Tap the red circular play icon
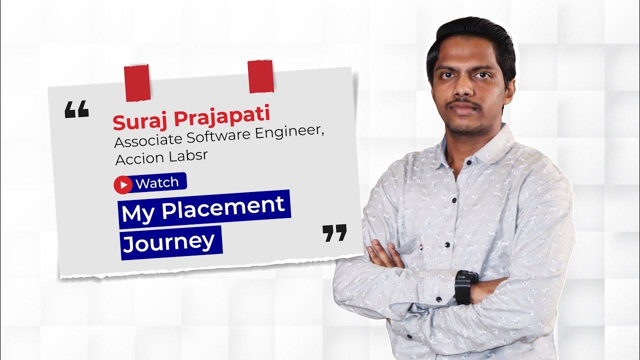pyautogui.click(x=122, y=185)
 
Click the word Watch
pyautogui.click(x=156, y=183)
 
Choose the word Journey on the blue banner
pyautogui.click(x=168, y=242)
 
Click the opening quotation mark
pyautogui.click(x=76, y=109)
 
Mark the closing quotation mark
pyautogui.click(x=334, y=233)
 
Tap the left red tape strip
pyautogui.click(x=137, y=82)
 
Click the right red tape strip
pyautogui.click(x=260, y=76)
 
